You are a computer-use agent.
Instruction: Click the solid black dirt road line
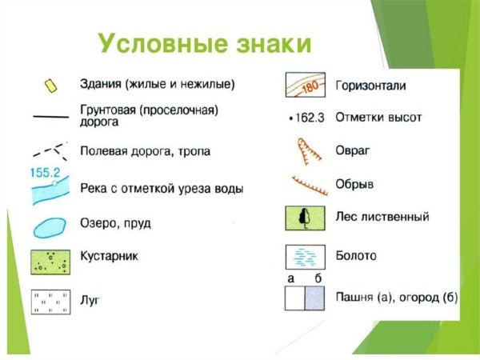50,117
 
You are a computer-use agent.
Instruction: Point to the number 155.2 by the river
46,172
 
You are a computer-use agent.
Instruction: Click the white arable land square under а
295,299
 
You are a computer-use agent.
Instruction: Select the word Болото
357,256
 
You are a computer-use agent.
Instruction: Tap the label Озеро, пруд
115,223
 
